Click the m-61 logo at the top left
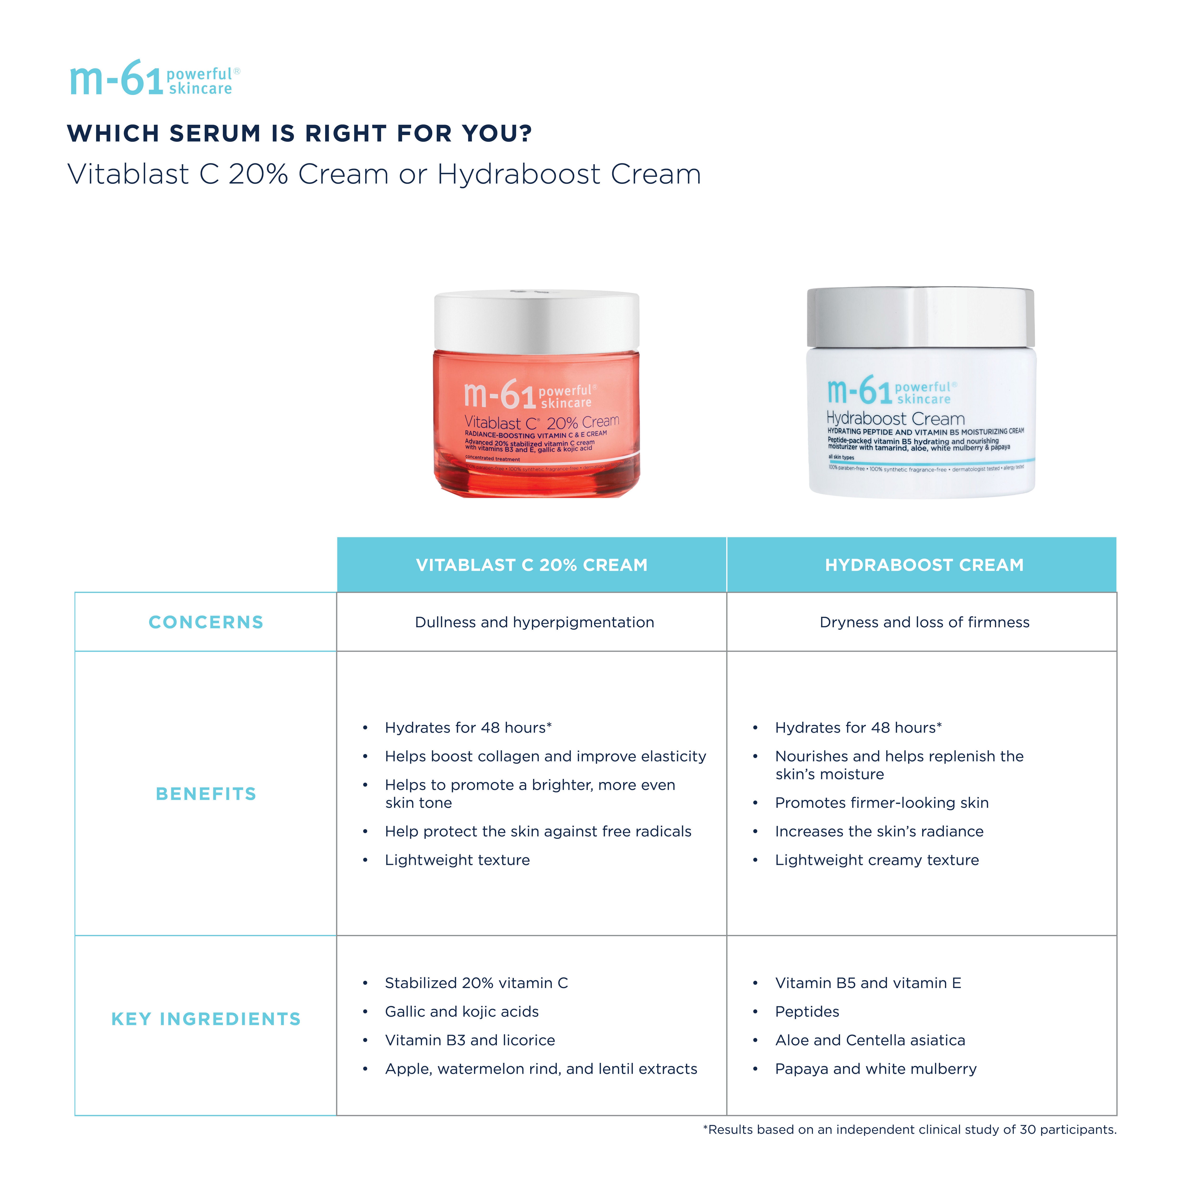(x=154, y=79)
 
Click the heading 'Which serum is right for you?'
(x=299, y=133)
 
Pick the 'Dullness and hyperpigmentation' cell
(x=534, y=622)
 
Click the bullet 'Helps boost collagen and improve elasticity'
(x=545, y=756)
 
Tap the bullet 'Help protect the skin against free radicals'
(x=538, y=831)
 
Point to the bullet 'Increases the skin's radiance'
(x=879, y=831)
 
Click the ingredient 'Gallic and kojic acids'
(x=462, y=1011)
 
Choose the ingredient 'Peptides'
(x=807, y=1011)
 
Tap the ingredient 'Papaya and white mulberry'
(x=875, y=1069)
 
